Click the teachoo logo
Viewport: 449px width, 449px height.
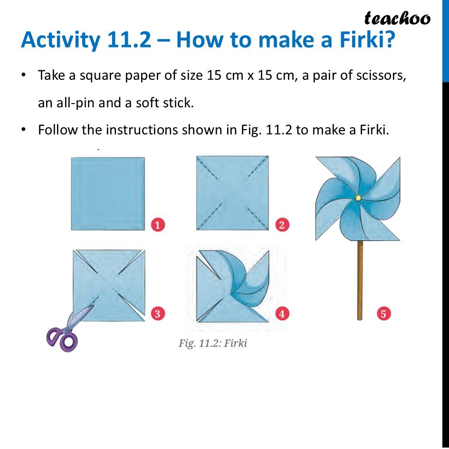397,18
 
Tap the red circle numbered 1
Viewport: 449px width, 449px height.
158,224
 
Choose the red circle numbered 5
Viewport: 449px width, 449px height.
383,313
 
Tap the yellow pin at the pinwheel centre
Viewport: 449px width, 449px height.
358,197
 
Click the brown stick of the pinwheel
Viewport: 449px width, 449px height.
360,280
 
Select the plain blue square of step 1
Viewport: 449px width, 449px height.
107,193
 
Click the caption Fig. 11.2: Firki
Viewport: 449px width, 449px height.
213,343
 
